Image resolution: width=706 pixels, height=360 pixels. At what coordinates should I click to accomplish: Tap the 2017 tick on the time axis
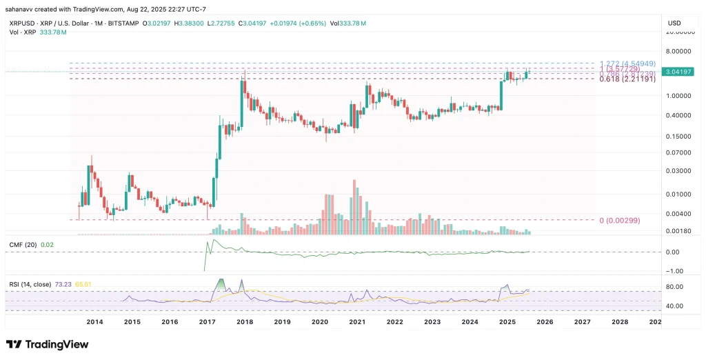(207, 321)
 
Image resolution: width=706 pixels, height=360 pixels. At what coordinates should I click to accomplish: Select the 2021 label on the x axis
(357, 321)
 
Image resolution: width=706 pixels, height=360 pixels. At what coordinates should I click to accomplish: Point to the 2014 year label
(94, 321)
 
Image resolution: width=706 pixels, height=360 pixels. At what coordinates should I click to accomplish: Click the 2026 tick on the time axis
(545, 321)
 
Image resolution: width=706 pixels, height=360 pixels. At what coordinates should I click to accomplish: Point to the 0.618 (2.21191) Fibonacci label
(625, 79)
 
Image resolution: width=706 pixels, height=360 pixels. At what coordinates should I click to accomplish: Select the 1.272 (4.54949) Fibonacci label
(625, 63)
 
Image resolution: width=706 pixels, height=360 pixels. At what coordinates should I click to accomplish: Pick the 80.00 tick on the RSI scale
(674, 287)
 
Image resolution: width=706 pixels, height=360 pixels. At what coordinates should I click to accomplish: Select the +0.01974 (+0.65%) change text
(304, 23)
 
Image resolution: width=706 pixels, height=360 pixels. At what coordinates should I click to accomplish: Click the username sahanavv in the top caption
(21, 8)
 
